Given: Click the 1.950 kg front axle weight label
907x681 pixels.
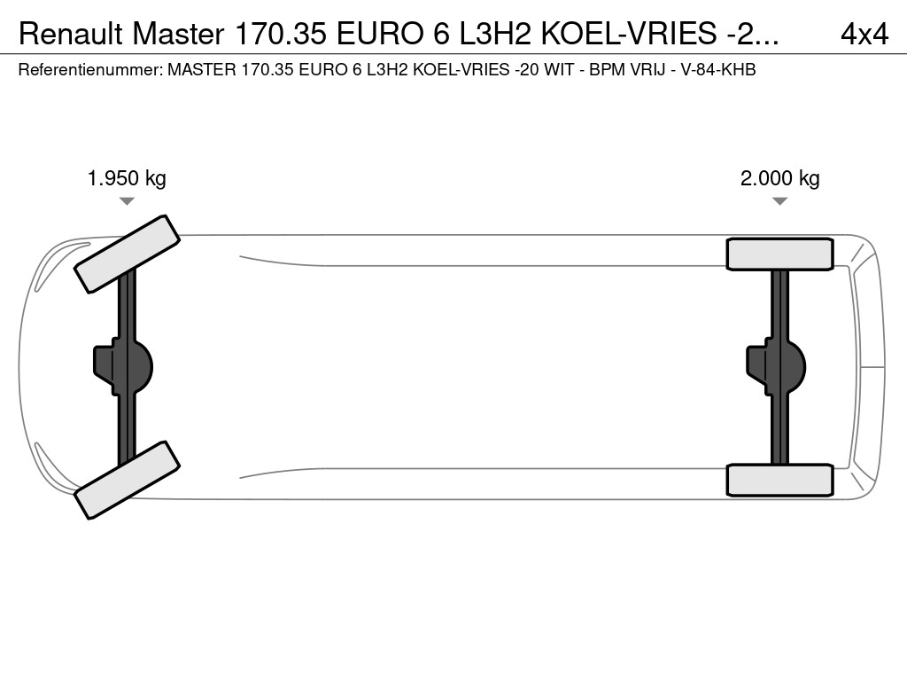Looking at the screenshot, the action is coord(127,179).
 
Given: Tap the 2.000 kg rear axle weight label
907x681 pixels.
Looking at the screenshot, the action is coord(779,179).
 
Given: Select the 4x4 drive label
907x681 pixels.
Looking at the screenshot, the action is coord(864,35).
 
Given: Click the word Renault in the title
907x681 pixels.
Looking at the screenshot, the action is coord(71,35).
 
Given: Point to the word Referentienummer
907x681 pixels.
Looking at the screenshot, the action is coord(90,70).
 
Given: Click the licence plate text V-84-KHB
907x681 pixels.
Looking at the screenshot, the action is coord(718,70).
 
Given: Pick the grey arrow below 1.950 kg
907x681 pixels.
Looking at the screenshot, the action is coord(127,201).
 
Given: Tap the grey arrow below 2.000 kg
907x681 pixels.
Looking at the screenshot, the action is coord(779,201).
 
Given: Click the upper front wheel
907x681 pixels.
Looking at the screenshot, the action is coord(128,254).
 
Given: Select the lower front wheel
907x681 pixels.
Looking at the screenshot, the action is coord(128,480).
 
